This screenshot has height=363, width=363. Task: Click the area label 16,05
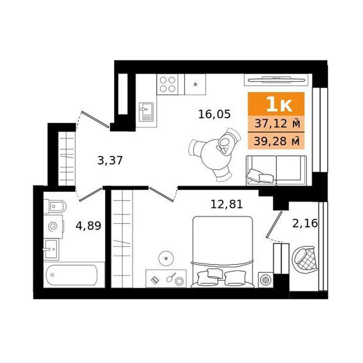(x=214, y=115)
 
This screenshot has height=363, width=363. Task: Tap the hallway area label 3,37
(x=110, y=160)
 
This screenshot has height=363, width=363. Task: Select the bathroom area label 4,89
(x=89, y=226)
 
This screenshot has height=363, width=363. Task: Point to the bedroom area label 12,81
(x=227, y=204)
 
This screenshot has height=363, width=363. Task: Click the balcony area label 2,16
(x=305, y=224)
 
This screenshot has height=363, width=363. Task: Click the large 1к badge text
(x=279, y=105)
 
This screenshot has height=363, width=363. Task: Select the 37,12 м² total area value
(x=277, y=123)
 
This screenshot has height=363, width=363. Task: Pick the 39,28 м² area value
(x=277, y=141)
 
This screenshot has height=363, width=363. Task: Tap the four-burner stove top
(x=167, y=84)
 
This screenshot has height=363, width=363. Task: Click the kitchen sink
(x=146, y=113)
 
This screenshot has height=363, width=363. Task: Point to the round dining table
(x=216, y=155)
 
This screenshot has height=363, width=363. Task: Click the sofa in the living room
(x=276, y=171)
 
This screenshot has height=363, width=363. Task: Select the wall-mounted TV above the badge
(x=276, y=80)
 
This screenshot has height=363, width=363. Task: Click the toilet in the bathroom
(x=55, y=206)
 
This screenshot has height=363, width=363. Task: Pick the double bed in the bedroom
(x=222, y=252)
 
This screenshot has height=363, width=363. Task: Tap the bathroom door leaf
(x=90, y=194)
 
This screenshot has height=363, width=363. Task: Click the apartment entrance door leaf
(x=95, y=119)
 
